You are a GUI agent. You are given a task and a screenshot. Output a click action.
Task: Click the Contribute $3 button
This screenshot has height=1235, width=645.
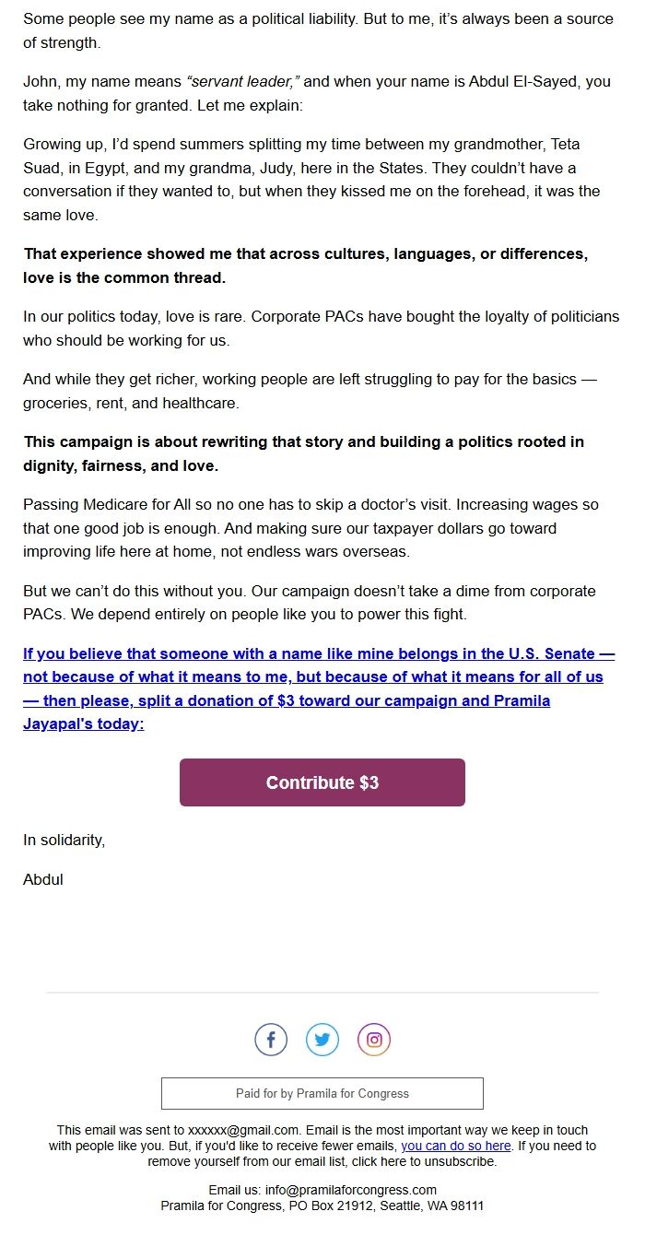coord(322,782)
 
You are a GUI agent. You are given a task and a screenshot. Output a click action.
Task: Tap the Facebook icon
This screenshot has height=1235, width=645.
coord(271,1040)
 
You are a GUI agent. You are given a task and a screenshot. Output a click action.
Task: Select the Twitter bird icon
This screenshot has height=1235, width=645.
coord(322,1040)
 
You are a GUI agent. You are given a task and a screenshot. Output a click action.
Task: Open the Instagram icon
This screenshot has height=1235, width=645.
coord(374,1040)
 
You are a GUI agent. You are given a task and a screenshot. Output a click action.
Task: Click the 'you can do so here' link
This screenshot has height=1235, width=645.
coord(455,1146)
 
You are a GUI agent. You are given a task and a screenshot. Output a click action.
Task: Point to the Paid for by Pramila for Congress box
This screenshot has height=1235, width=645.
coord(322,1093)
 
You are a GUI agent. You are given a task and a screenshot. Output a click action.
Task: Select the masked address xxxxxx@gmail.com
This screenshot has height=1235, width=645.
coord(243,1130)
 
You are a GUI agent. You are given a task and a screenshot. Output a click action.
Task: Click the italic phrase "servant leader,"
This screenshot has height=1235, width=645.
coord(243,81)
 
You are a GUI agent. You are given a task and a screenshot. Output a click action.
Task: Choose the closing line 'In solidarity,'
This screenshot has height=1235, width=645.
coord(64,840)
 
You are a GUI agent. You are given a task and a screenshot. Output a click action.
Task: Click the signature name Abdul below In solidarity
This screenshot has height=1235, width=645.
coord(43,879)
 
